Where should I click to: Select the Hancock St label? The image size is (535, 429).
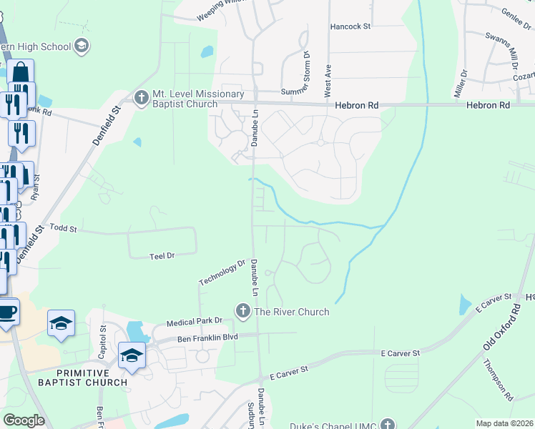pyautogui.click(x=350, y=26)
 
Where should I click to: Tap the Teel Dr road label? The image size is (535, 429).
pyautogui.click(x=162, y=255)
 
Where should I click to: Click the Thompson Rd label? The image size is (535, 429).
pyautogui.click(x=498, y=379)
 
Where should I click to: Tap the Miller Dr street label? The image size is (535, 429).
pyautogui.click(x=459, y=84)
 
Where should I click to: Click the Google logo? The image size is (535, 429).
pyautogui.click(x=24, y=420)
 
